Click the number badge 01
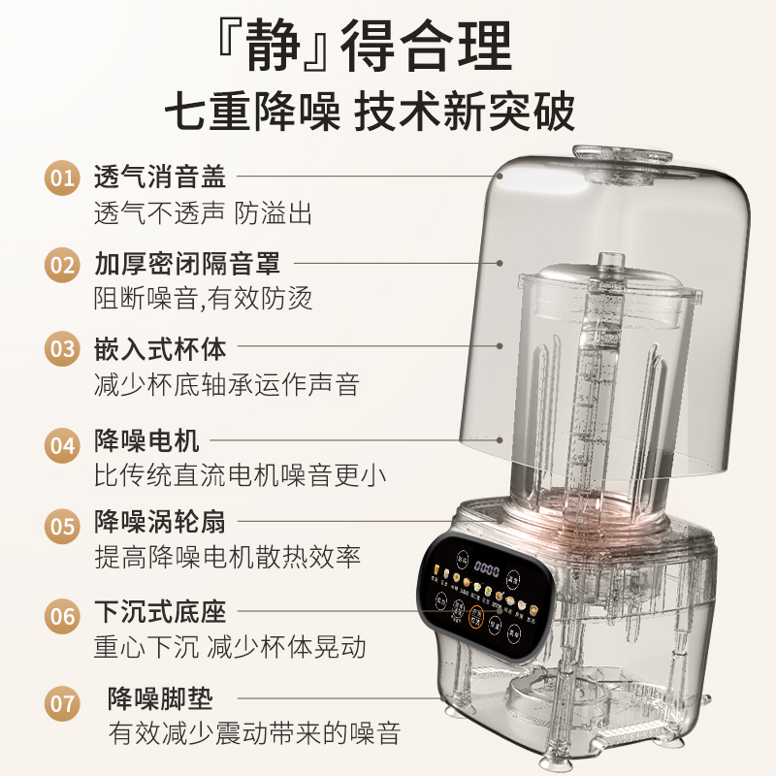tap(63, 178)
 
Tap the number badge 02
tap(63, 263)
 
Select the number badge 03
tap(63, 347)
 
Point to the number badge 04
tap(63, 443)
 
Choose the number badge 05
tap(63, 526)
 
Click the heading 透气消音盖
tap(159, 178)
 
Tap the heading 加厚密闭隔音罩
tap(186, 263)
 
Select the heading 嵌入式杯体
tap(159, 347)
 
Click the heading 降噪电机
tap(146, 442)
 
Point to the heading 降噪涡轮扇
tap(159, 524)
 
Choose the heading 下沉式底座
tap(159, 612)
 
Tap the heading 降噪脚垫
tap(159, 698)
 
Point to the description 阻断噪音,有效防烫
tap(203, 298)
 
